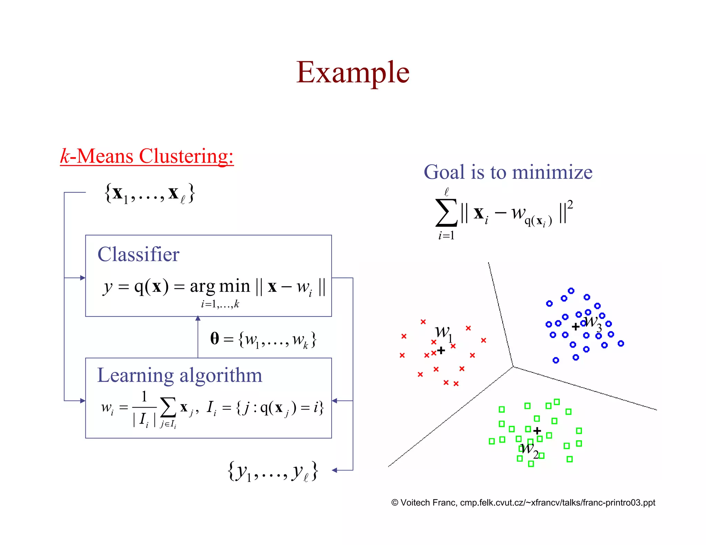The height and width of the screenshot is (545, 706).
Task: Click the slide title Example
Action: point(353,72)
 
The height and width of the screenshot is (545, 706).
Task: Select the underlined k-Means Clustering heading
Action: point(147,156)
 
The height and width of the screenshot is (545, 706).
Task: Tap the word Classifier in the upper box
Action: point(138,255)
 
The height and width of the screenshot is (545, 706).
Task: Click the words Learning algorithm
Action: point(180,375)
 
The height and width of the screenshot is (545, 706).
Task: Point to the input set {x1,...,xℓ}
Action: point(150,194)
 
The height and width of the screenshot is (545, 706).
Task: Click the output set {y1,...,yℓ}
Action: point(273,471)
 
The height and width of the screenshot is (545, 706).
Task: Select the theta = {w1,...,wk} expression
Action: point(263,339)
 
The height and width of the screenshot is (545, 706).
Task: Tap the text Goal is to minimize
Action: point(508,172)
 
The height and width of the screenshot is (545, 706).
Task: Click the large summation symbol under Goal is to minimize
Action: point(446,213)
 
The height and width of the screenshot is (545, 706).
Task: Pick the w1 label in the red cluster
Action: point(443,333)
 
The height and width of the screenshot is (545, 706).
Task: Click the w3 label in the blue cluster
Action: point(593,322)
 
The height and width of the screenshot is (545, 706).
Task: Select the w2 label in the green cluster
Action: point(529,450)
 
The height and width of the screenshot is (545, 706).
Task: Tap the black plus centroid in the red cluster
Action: point(441,351)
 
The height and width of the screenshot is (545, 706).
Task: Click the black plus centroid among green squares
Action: point(537,431)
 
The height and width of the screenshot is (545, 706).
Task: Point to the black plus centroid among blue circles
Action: point(575,327)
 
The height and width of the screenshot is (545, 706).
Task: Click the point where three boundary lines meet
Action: point(513,367)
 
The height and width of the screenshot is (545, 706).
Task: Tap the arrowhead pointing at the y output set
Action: point(334,470)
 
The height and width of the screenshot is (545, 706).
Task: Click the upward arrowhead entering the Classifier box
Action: point(198,318)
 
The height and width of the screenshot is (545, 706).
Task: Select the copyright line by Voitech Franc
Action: point(523,503)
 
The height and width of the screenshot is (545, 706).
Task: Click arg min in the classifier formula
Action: point(220,287)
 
